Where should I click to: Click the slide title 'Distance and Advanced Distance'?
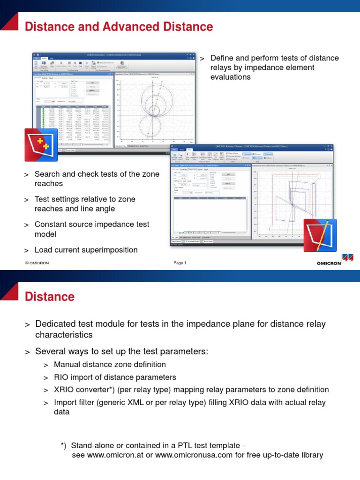tap(119, 27)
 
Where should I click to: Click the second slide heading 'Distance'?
tap(49, 296)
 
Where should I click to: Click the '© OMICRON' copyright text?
tap(37, 263)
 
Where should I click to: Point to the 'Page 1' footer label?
tap(180, 263)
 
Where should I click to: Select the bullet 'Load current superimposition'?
tap(86, 250)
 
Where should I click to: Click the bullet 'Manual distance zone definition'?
tap(110, 364)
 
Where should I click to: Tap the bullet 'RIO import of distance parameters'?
tap(115, 377)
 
